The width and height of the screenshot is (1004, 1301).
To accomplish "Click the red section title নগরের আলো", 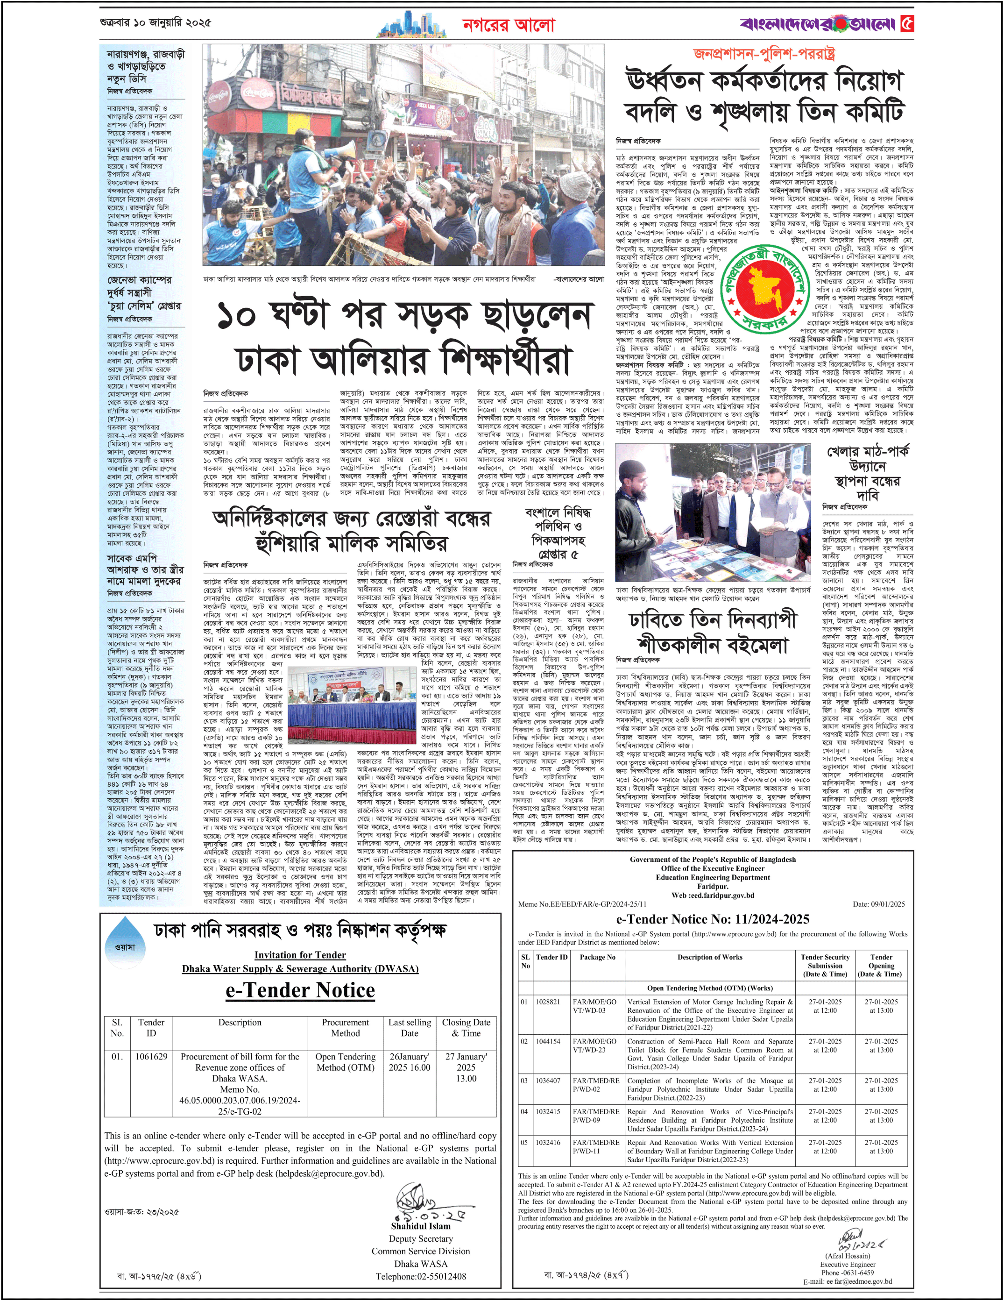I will coord(508,25).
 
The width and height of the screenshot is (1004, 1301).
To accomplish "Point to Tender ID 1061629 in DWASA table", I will coord(151,1056).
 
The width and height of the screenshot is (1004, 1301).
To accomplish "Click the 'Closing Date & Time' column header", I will coord(466,1028).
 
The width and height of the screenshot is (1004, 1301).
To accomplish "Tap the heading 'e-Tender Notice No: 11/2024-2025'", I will coord(712,919).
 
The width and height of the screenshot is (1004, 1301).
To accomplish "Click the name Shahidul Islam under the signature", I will coord(420,1226).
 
